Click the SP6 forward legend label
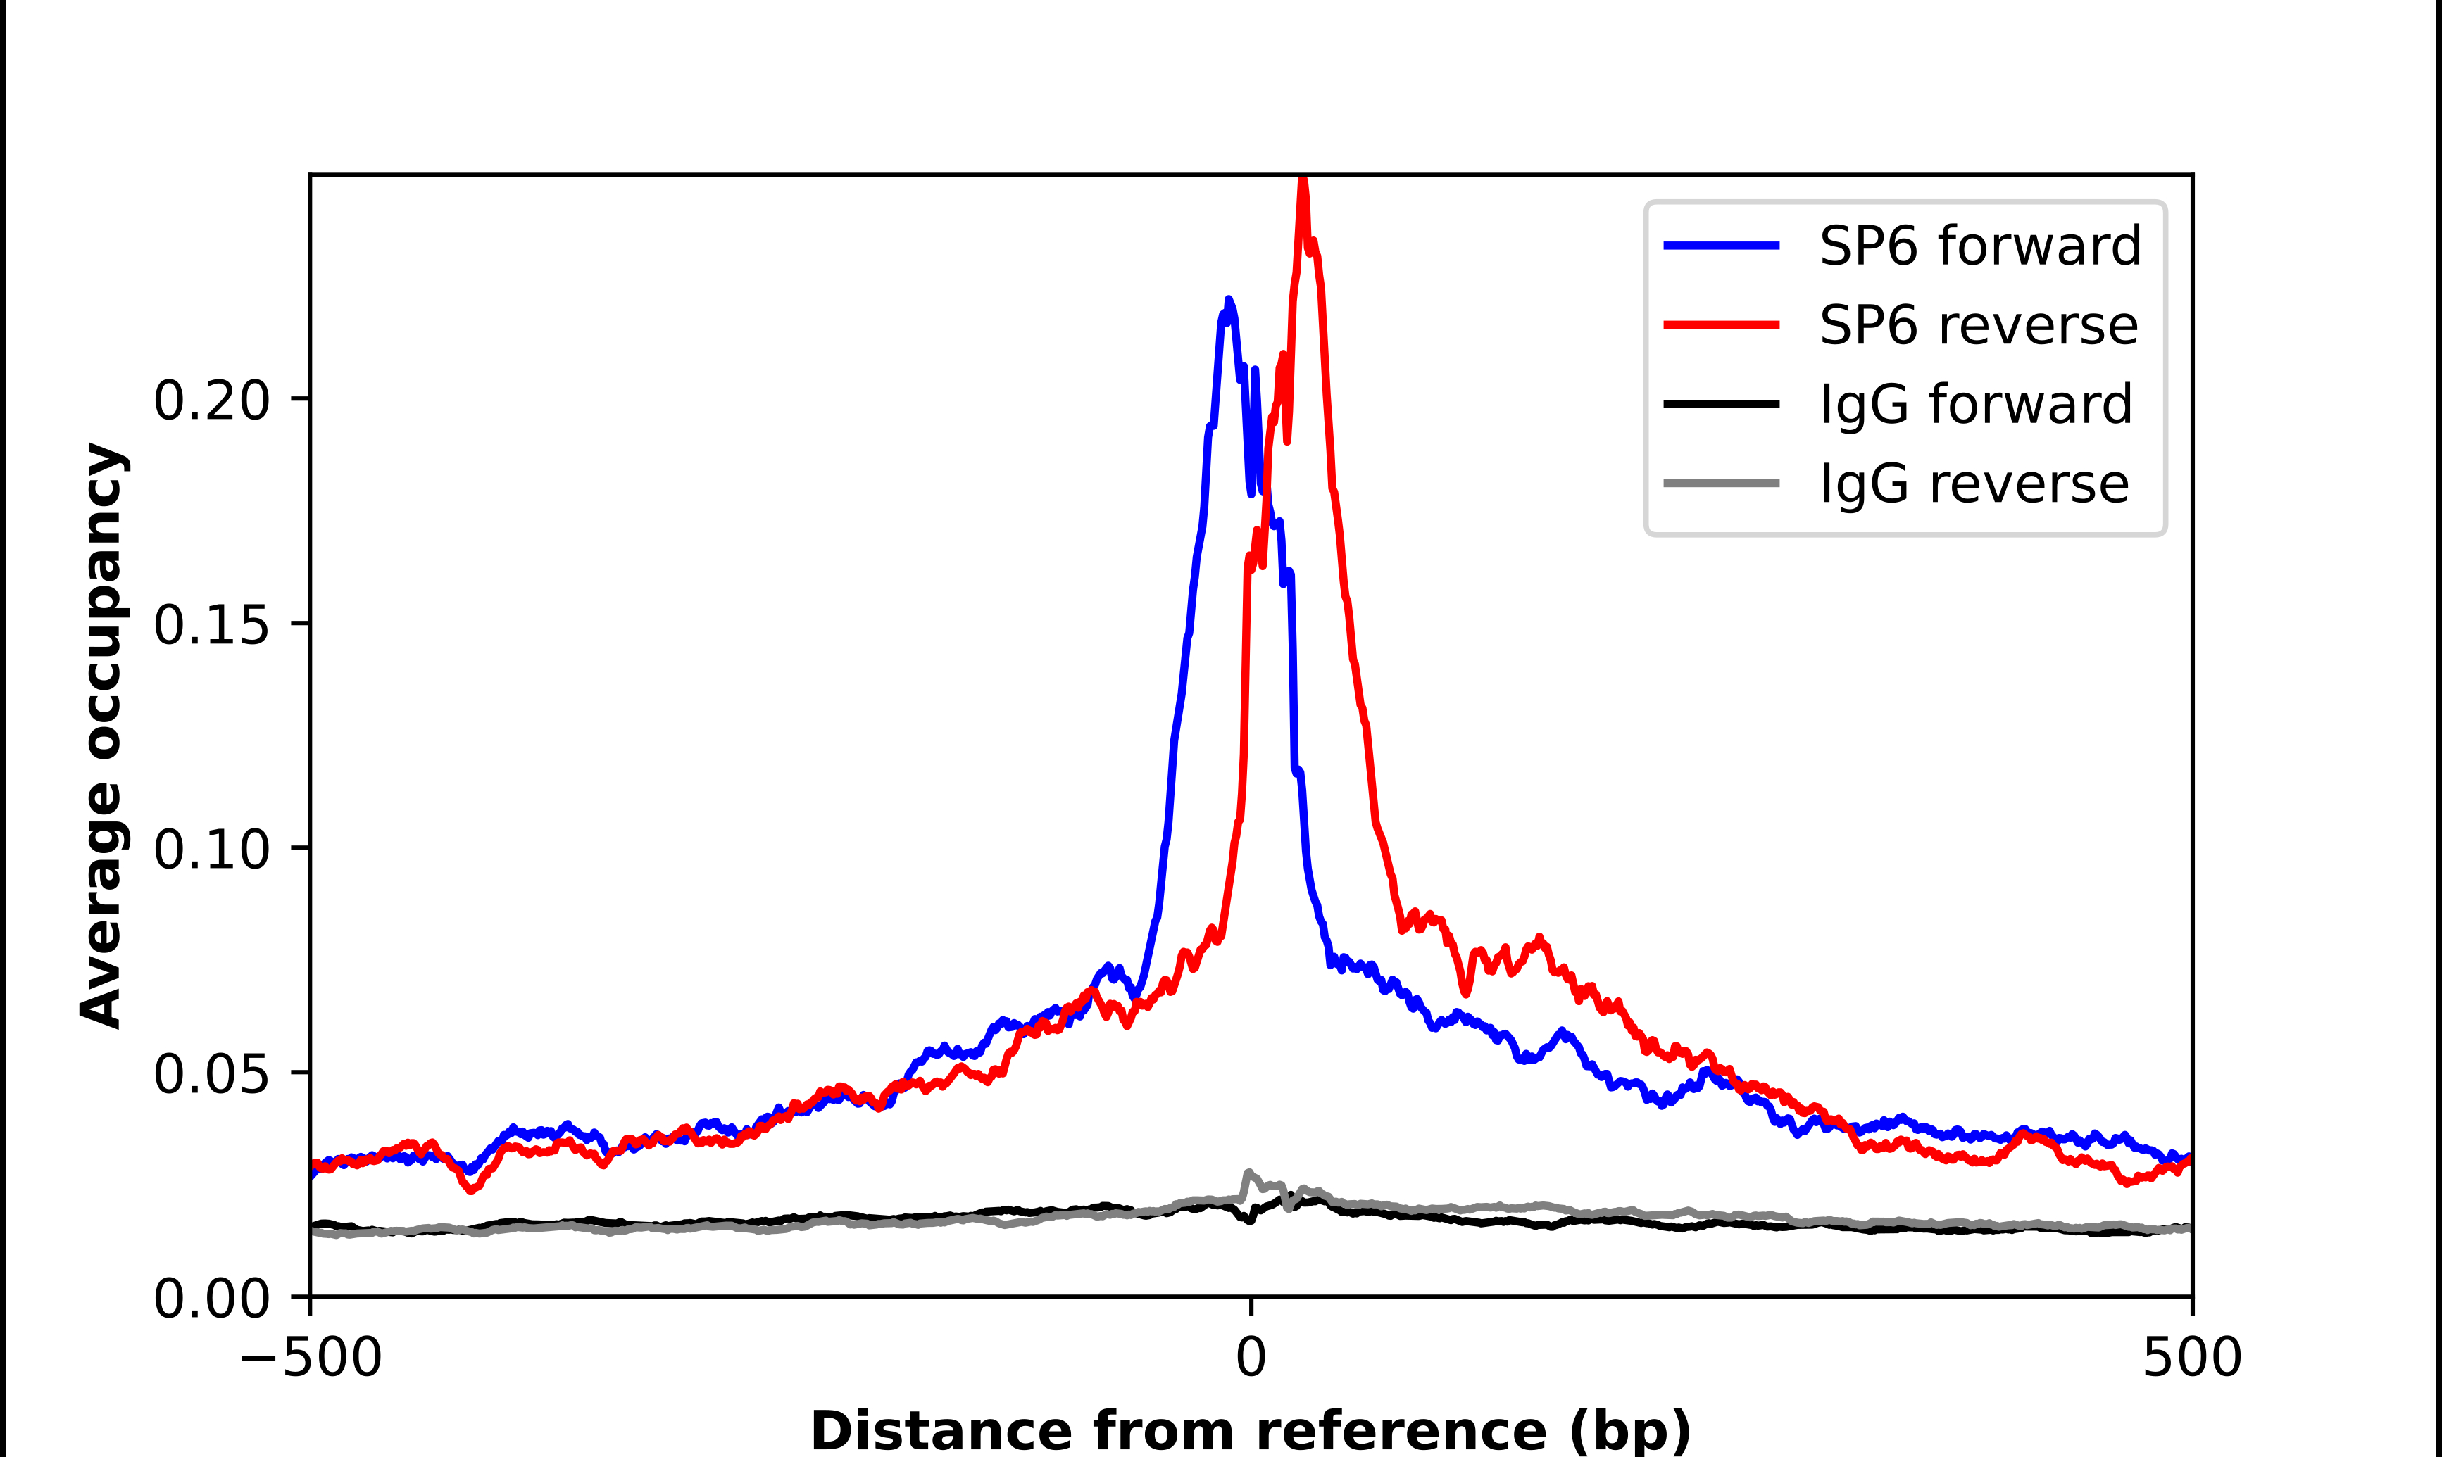click(1979, 246)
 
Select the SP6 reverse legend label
click(1977, 325)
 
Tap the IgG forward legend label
click(1976, 405)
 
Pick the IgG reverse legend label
click(1974, 484)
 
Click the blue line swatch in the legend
click(1721, 246)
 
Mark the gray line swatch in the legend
click(1721, 483)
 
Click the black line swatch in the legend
click(1721, 403)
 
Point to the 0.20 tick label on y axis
click(211, 400)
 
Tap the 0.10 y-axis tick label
click(211, 850)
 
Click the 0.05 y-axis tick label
click(211, 1074)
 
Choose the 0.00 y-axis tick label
click(211, 1299)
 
